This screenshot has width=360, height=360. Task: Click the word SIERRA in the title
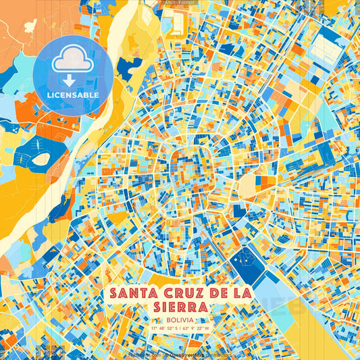pyautogui.click(x=180, y=306)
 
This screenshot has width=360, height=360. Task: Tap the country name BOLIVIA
pyautogui.click(x=180, y=318)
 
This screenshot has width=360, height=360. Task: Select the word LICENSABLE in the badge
pyautogui.click(x=73, y=95)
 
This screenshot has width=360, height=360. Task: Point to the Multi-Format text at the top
pyautogui.click(x=180, y=3)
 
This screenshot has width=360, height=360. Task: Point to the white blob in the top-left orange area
pyautogui.click(x=31, y=28)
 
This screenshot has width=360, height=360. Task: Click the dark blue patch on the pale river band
pyautogui.click(x=126, y=65)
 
